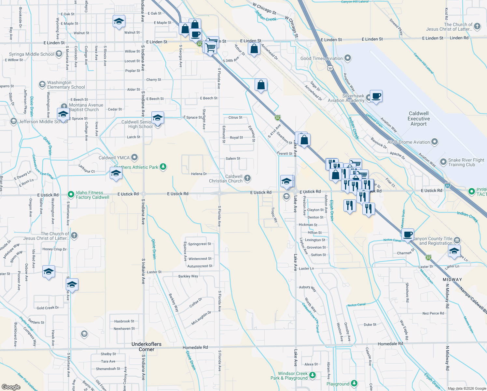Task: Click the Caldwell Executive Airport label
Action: (419, 119)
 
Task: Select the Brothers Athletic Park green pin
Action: (163, 167)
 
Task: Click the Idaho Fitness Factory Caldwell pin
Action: (71, 195)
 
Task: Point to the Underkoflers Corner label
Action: (146, 347)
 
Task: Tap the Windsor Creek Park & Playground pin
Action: (312, 375)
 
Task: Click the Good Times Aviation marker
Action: (348, 58)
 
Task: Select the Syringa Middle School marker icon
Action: (59, 54)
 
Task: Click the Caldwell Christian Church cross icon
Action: (247, 178)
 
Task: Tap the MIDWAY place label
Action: (452, 280)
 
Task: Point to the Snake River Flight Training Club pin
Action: (443, 162)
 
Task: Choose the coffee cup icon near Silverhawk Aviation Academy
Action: (376, 96)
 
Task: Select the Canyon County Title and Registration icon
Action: (457, 240)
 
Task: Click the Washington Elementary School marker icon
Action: (42, 84)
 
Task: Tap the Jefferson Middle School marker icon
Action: (13, 121)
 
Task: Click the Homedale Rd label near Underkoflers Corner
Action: (195, 348)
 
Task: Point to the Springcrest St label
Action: (200, 244)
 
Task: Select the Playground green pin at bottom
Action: (354, 384)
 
